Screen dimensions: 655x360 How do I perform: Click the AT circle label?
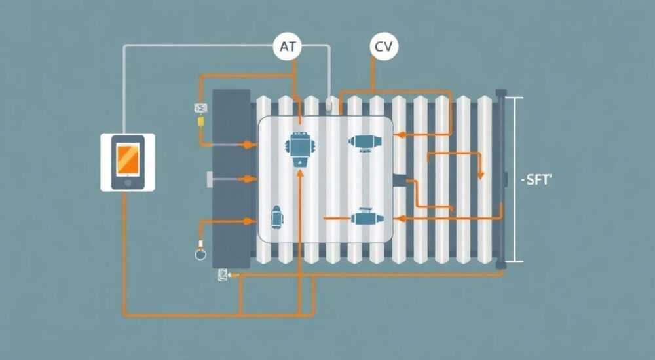[288, 46]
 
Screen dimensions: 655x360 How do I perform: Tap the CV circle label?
[384, 46]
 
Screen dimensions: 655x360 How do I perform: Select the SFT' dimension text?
[537, 181]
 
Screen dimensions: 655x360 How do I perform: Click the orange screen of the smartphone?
[128, 159]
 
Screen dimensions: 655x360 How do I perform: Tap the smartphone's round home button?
[128, 183]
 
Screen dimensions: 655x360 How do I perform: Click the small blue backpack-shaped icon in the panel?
[276, 217]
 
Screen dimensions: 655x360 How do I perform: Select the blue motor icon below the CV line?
[365, 141]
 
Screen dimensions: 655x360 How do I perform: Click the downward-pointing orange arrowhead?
[481, 175]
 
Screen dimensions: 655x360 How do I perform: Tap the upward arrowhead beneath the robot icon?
[300, 173]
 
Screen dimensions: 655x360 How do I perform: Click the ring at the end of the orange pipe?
[200, 253]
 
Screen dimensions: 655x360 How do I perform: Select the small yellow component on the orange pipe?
[200, 121]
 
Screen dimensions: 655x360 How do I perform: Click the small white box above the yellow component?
[200, 108]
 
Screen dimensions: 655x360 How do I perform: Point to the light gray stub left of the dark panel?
[210, 179]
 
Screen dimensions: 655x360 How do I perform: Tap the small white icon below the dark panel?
[222, 274]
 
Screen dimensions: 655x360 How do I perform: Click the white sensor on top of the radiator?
[330, 104]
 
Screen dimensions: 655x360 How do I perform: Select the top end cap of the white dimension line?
[514, 98]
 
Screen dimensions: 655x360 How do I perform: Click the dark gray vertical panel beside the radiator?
[231, 179]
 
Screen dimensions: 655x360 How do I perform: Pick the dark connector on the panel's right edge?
[400, 181]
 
